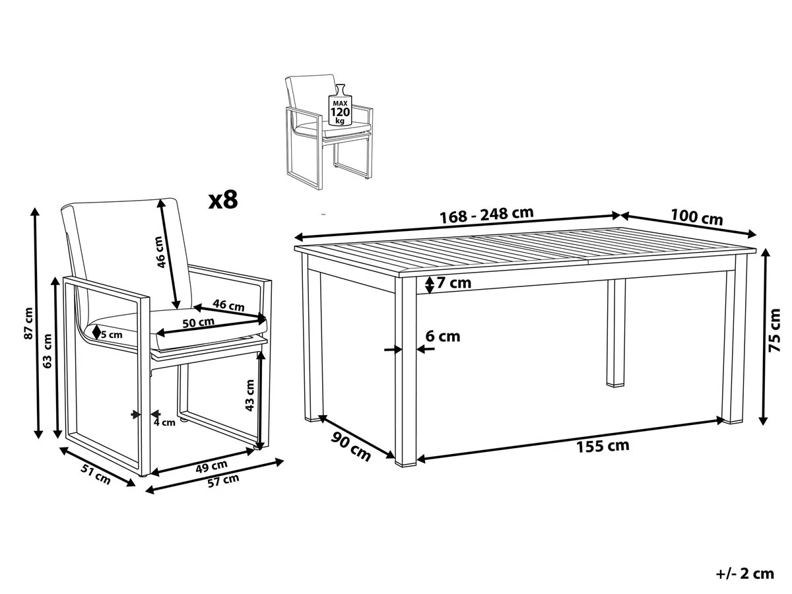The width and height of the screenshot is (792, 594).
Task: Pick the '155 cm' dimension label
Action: tap(603, 445)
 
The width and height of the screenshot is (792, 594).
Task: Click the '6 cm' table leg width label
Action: tap(443, 336)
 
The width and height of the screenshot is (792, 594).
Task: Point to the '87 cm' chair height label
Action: tap(28, 323)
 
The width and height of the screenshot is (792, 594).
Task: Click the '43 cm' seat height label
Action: tap(249, 395)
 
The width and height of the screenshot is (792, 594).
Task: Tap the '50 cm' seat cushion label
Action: tap(199, 322)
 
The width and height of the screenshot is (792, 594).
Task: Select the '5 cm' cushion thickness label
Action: tap(112, 334)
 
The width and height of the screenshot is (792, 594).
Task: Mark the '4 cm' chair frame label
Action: tap(164, 422)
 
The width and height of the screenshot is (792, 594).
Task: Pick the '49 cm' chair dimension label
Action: tap(212, 465)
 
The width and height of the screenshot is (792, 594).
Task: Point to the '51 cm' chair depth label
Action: tap(94, 475)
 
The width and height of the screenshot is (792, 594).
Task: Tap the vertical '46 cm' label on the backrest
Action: tap(160, 253)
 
